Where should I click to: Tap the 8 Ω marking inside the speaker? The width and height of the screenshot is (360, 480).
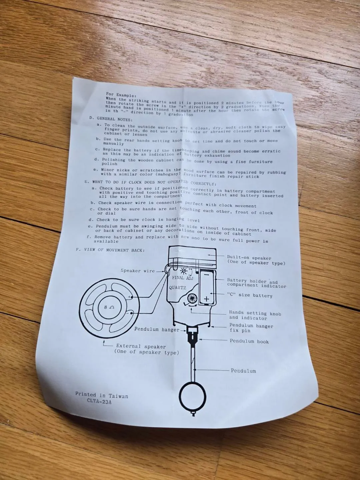point(109,307)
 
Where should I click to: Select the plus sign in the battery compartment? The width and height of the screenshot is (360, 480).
point(207,298)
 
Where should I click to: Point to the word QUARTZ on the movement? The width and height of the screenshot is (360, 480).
point(177,288)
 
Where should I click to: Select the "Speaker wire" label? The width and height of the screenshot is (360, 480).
point(138,271)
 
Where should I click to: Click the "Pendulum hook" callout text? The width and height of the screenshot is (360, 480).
point(249,341)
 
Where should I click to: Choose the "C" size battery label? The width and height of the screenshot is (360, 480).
point(250,295)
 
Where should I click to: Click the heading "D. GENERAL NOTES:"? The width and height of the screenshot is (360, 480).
point(111,119)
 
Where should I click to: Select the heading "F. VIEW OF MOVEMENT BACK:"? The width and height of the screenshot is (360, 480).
point(110,250)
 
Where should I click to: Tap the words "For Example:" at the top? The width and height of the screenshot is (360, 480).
point(121,95)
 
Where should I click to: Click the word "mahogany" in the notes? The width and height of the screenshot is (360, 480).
point(170,174)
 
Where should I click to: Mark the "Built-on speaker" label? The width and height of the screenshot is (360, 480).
point(249,258)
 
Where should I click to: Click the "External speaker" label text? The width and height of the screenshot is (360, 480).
point(141,346)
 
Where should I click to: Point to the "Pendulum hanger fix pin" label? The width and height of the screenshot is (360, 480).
point(251,328)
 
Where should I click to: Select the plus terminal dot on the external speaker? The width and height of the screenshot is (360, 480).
point(132,297)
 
